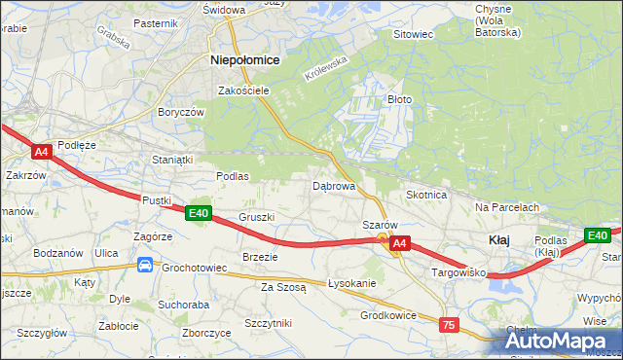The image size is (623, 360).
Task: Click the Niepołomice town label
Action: tap(245, 59)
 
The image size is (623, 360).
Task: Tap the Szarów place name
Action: tap(381, 224)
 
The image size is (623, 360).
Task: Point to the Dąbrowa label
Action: tap(333, 185)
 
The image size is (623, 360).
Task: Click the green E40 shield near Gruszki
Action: tap(199, 213)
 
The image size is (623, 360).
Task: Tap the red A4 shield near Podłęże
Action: tap(41, 152)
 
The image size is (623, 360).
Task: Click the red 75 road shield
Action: tap(449, 325)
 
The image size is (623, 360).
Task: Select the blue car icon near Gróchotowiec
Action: tap(144, 264)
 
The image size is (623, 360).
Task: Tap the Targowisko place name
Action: tap(458, 274)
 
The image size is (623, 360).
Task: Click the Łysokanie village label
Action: tap(351, 283)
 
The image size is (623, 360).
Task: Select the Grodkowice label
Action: tap(388, 315)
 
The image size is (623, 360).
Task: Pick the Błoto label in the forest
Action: tap(401, 99)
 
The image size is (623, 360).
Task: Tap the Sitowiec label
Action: tap(412, 34)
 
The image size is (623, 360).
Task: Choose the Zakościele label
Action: tap(243, 90)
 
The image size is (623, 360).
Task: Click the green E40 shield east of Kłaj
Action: tap(597, 235)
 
